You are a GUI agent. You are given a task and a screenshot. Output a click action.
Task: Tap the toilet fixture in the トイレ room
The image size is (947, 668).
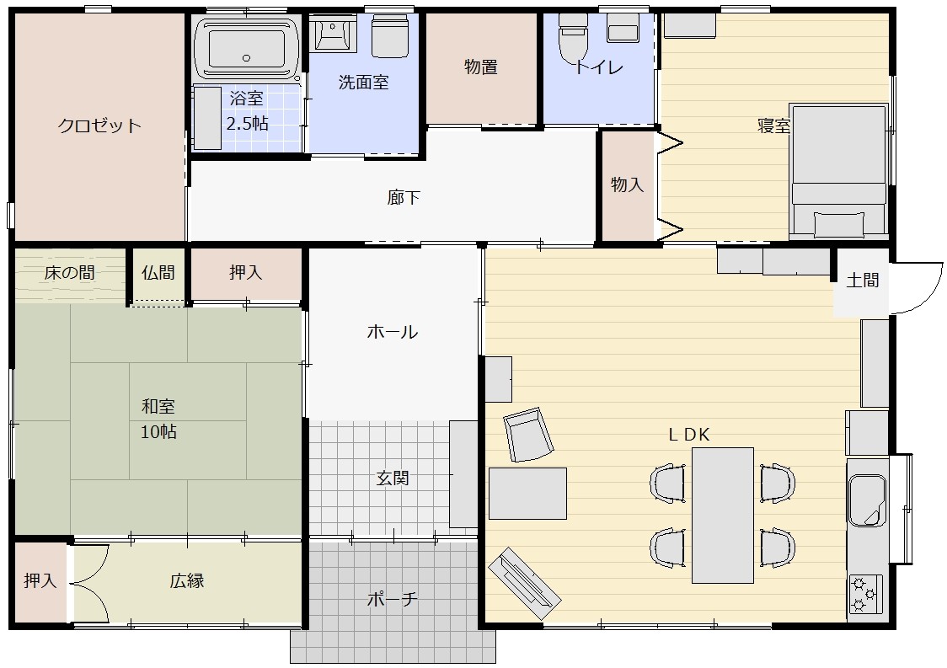pyautogui.click(x=572, y=37)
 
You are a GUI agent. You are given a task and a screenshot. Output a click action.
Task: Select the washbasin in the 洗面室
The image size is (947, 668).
pyautogui.click(x=332, y=33)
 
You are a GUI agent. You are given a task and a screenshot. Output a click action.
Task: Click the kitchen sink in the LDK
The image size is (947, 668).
pyautogui.click(x=867, y=500)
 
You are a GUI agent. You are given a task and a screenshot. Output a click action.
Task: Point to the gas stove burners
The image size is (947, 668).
pyautogui.click(x=865, y=595)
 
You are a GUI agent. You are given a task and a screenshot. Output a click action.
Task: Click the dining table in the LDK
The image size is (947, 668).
pyautogui.click(x=722, y=516)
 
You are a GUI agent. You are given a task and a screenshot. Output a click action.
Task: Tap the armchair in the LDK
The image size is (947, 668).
pyautogui.click(x=528, y=435)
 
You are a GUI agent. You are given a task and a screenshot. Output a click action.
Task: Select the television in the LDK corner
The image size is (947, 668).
pyautogui.click(x=524, y=584)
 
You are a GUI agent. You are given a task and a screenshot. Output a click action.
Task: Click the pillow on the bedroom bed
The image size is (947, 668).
pyautogui.click(x=838, y=225)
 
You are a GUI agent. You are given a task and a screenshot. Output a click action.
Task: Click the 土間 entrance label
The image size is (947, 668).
pyautogui.click(x=863, y=281)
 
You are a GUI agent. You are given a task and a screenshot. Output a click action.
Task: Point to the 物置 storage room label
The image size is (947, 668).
pyautogui.click(x=481, y=67)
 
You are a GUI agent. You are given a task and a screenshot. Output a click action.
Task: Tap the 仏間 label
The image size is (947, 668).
pyautogui.click(x=158, y=273)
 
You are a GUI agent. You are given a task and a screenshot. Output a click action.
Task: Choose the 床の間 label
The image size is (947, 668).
pyautogui.click(x=69, y=273)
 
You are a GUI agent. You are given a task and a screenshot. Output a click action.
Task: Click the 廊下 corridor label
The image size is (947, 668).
pyautogui.click(x=404, y=197)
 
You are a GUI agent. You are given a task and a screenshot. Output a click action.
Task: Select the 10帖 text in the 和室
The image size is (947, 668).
pyautogui.click(x=159, y=432)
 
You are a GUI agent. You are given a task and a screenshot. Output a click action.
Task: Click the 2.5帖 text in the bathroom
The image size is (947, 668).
pyautogui.click(x=247, y=124)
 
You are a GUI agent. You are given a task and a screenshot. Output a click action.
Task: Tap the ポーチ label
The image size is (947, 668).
pyautogui.click(x=392, y=599)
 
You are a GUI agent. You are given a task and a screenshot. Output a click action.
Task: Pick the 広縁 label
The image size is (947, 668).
pyautogui.click(x=187, y=581)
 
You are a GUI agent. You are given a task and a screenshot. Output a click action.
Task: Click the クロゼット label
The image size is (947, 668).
pyautogui.click(x=99, y=126)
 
